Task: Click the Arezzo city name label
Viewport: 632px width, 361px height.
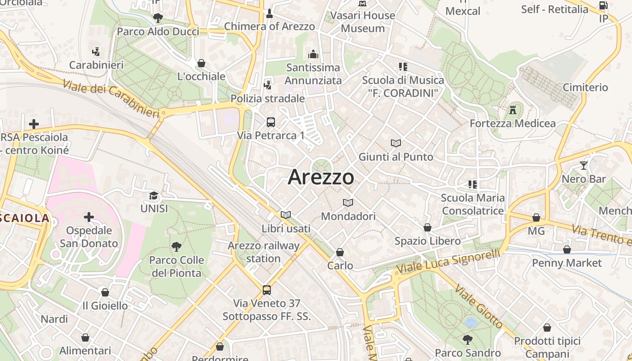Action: [x=321, y=177]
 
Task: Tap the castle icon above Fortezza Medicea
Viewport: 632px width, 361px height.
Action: [x=512, y=110]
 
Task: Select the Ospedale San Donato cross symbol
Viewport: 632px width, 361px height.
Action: [x=89, y=218]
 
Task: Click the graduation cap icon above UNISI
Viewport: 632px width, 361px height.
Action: [x=154, y=195]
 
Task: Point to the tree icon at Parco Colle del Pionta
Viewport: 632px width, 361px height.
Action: [x=176, y=246]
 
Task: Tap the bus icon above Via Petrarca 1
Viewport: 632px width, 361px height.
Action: [x=271, y=122]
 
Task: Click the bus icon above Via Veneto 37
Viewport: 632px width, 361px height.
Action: [x=267, y=290]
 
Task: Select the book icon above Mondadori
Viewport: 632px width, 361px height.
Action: [x=348, y=203]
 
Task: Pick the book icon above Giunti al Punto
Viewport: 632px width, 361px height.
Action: [x=396, y=143]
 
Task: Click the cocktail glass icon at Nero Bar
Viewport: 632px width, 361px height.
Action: [x=584, y=165]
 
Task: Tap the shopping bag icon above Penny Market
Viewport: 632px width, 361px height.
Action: [x=567, y=249]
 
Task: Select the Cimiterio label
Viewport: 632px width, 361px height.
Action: [x=586, y=87]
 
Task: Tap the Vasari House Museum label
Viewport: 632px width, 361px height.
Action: [x=362, y=22]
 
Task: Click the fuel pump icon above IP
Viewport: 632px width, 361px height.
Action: [x=603, y=5]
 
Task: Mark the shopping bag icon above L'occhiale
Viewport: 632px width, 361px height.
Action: [x=201, y=63]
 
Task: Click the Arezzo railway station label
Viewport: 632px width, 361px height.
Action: [x=263, y=252]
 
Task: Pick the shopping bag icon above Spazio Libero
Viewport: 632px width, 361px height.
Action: [x=428, y=227]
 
